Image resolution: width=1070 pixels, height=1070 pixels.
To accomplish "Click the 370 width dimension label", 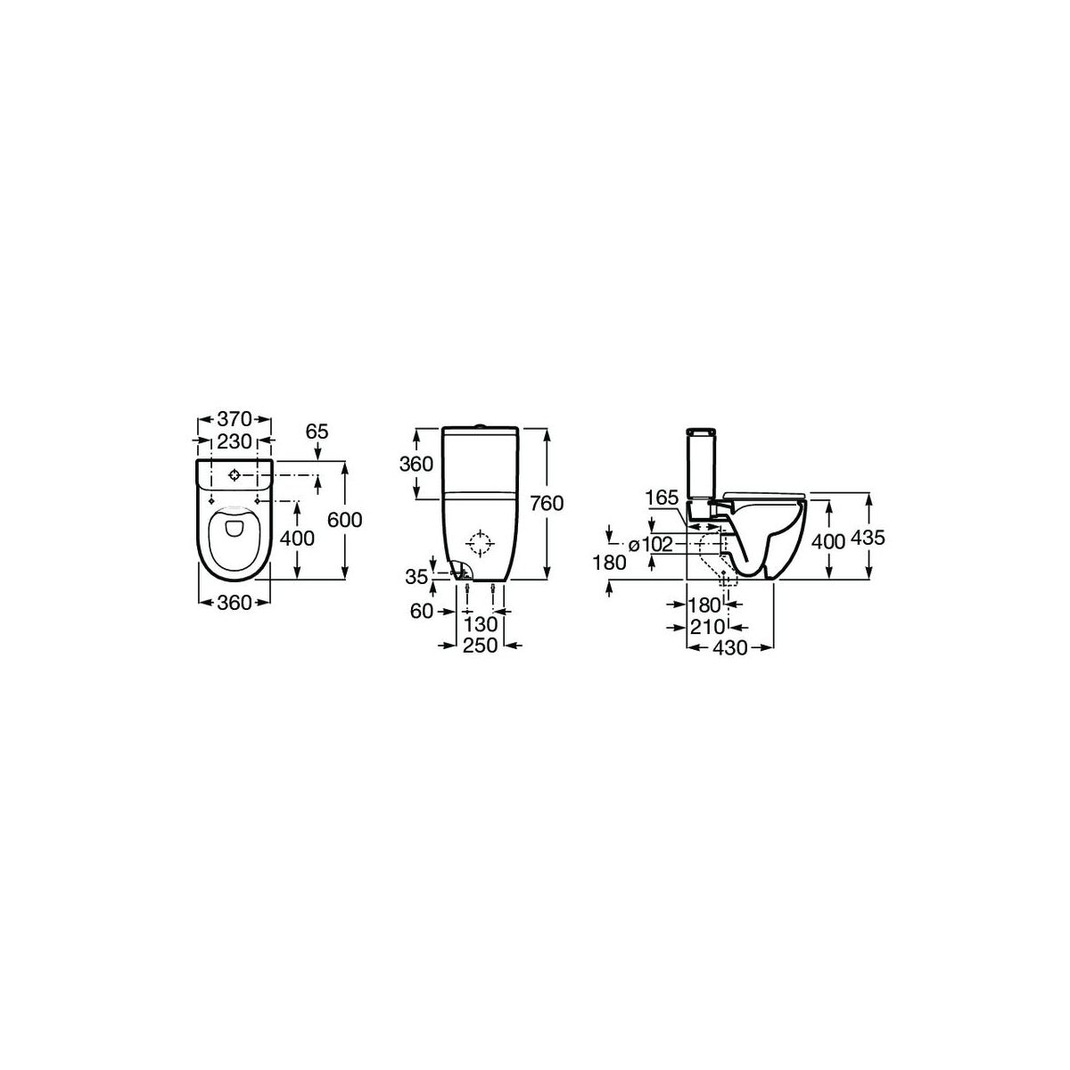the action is pos(235,419).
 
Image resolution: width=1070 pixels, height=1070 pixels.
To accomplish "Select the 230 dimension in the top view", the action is pos(235,440).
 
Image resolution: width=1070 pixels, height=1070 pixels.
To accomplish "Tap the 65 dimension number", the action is pos(317,431).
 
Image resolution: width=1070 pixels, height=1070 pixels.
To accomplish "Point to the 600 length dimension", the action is pos(344,520).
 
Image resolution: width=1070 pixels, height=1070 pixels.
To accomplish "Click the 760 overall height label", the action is pos(547,503).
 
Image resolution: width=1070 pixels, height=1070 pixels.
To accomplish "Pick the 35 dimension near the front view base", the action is pos(417,577).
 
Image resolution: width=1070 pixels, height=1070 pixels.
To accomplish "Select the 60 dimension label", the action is pos(421,612).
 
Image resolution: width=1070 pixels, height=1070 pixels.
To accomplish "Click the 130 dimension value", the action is pos(481,625).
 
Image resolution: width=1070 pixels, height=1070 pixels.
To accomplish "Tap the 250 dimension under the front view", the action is pos(481,646).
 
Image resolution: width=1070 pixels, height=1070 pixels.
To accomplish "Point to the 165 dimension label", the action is pos(662,498).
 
